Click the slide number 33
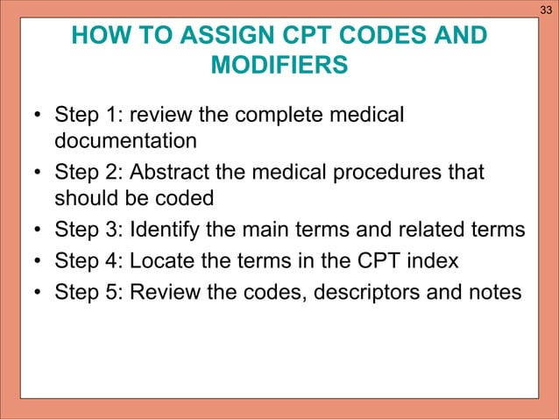pos(546,10)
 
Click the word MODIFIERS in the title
pos(279,67)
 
